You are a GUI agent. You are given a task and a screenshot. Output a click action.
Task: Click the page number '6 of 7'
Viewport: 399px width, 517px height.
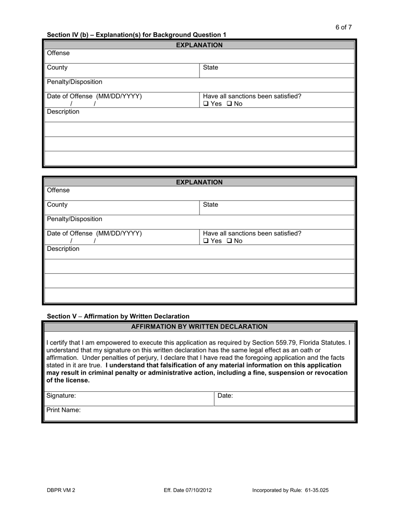[344, 27]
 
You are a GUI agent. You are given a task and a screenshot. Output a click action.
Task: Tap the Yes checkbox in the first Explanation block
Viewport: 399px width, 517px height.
[206, 104]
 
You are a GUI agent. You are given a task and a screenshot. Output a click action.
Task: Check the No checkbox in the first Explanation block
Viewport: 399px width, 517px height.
[229, 104]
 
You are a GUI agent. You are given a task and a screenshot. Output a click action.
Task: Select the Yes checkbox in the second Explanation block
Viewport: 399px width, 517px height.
[206, 241]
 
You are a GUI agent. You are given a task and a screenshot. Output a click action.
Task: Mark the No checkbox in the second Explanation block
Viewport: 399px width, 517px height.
[229, 241]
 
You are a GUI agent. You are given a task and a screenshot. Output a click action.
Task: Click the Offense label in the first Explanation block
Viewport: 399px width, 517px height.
[58, 53]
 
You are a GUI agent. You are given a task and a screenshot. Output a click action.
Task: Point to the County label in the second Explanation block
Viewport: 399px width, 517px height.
[57, 205]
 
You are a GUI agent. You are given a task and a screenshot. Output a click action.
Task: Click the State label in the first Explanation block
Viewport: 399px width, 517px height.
[210, 68]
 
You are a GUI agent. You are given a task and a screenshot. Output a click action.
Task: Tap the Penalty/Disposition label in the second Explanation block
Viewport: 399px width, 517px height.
[74, 219]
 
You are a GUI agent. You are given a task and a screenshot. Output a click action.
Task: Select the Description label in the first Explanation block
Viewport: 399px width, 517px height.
[63, 111]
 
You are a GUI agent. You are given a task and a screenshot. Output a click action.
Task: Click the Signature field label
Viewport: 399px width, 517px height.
[61, 396]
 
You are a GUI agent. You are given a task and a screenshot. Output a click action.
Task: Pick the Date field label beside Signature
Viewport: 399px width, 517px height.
[225, 396]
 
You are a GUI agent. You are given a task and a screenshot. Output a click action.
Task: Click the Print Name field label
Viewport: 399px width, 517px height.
[63, 410]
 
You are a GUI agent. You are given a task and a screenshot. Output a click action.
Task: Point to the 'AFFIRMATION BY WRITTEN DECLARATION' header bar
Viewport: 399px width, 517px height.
[199, 327]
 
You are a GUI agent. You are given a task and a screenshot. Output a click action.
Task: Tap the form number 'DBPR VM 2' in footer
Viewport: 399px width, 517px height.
[61, 490]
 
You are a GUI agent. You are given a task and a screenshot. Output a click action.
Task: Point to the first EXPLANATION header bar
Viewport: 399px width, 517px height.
[199, 45]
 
